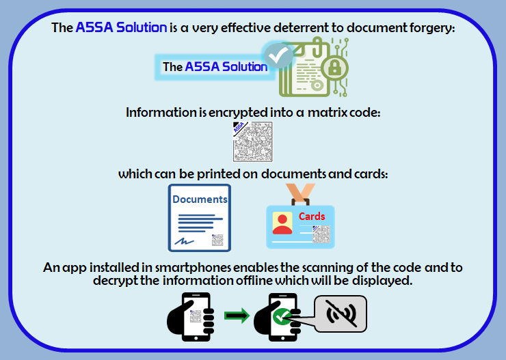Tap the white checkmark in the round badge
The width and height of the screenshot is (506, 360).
278,56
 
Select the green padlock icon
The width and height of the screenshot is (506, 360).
334,68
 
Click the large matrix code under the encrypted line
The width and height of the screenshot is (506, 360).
253,142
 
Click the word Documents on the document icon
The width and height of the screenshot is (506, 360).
200,199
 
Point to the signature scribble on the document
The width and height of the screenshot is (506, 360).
184,241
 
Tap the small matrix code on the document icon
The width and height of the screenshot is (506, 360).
217,240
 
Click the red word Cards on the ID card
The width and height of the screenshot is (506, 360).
312,217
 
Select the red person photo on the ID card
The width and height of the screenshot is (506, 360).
282,223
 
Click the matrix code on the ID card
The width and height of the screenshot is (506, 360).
321,234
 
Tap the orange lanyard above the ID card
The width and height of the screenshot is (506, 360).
300,193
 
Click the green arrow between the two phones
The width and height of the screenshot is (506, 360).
237,316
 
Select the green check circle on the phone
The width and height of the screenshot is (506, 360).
282,316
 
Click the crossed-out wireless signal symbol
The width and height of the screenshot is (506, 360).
341,314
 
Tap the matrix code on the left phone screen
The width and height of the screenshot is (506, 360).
196,316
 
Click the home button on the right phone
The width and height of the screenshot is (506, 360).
283,338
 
